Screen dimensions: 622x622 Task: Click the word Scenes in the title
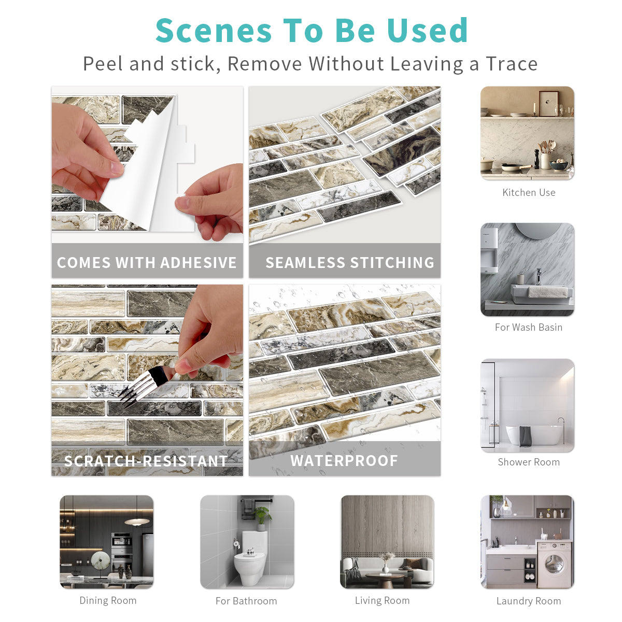[214, 31]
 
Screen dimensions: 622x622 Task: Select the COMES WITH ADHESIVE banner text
[147, 262]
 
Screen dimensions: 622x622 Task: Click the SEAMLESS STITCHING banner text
[350, 262]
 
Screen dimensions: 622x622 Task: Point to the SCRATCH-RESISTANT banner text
[146, 461]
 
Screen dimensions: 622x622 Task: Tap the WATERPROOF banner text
[344, 461]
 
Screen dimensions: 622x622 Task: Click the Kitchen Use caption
[529, 193]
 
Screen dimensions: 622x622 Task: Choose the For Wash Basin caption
[529, 327]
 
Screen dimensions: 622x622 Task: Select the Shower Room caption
[529, 462]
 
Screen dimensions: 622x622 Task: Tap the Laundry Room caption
[529, 601]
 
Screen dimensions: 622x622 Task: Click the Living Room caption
[382, 600]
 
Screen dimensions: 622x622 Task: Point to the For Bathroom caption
[246, 601]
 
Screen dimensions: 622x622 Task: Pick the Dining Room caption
[108, 600]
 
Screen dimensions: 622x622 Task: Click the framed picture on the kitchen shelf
[549, 103]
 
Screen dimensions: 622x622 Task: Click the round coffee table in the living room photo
[385, 579]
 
